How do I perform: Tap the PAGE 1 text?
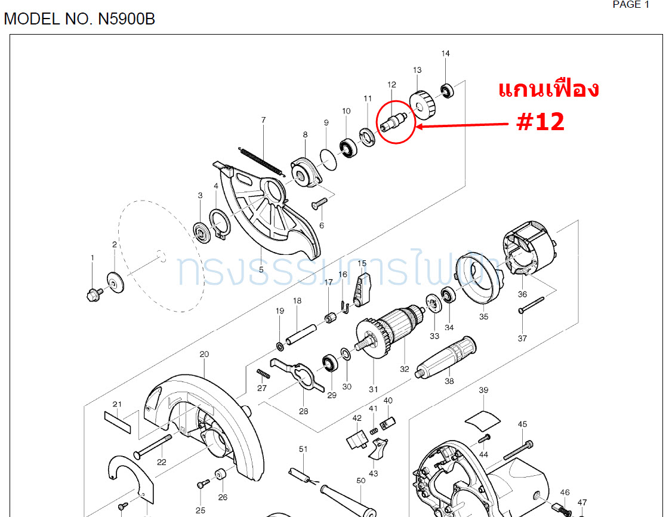coord(631,5)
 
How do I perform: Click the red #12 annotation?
coord(540,122)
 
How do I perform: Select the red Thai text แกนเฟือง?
coord(548,90)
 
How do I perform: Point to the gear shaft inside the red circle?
coord(394,119)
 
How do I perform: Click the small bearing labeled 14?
coord(446,91)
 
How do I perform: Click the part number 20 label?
coord(204,354)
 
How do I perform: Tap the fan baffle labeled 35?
coord(477,278)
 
